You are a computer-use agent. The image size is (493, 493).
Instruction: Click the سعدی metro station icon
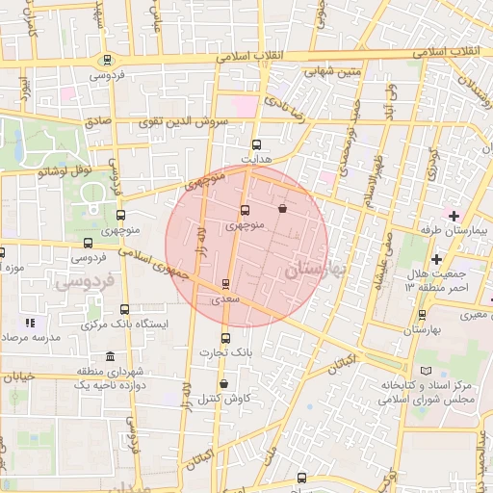[226, 284]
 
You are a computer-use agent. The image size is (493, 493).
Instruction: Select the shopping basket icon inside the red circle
[282, 208]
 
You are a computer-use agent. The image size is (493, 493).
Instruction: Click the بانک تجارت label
[225, 352]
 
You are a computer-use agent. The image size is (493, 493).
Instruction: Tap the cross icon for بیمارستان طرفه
[453, 214]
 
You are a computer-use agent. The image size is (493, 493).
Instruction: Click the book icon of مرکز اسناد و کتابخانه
[427, 371]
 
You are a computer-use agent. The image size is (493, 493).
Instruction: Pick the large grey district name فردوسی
[84, 283]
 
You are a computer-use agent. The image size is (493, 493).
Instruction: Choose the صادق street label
[97, 121]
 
